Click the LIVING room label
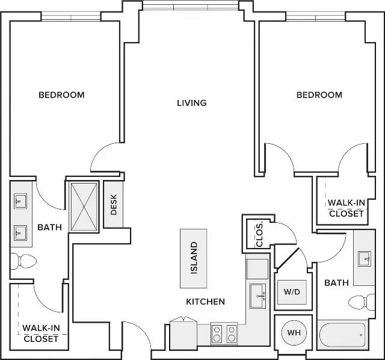pyautogui.click(x=192, y=103)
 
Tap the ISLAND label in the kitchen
pyautogui.click(x=194, y=258)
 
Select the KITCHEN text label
pyautogui.click(x=205, y=302)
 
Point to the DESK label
pyautogui.click(x=114, y=205)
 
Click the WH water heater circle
pyautogui.click(x=294, y=333)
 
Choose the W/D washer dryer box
pyautogui.click(x=292, y=292)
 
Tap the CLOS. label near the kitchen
pyautogui.click(x=259, y=235)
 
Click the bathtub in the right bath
pyautogui.click(x=342, y=335)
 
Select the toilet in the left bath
pyautogui.click(x=23, y=261)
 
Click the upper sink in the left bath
pyautogui.click(x=20, y=201)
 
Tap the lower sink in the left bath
pyautogui.click(x=20, y=233)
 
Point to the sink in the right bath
pyautogui.click(x=365, y=259)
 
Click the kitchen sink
pyautogui.click(x=257, y=296)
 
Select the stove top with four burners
pyautogui.click(x=224, y=334)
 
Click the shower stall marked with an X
pyautogui.click(x=84, y=206)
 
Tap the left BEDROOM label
pyautogui.click(x=61, y=95)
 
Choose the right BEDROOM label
pyautogui.click(x=319, y=95)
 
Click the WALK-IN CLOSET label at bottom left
pyautogui.click(x=41, y=334)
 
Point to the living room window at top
pyautogui.click(x=191, y=5)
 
